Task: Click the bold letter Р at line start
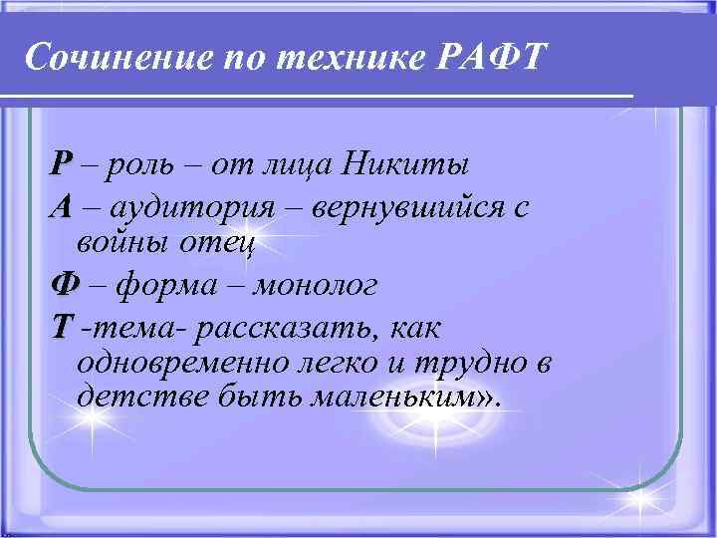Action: pos(63,162)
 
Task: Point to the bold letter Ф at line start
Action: pos(65,285)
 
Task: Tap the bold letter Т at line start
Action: pos(63,327)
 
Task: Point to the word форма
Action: pos(165,286)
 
